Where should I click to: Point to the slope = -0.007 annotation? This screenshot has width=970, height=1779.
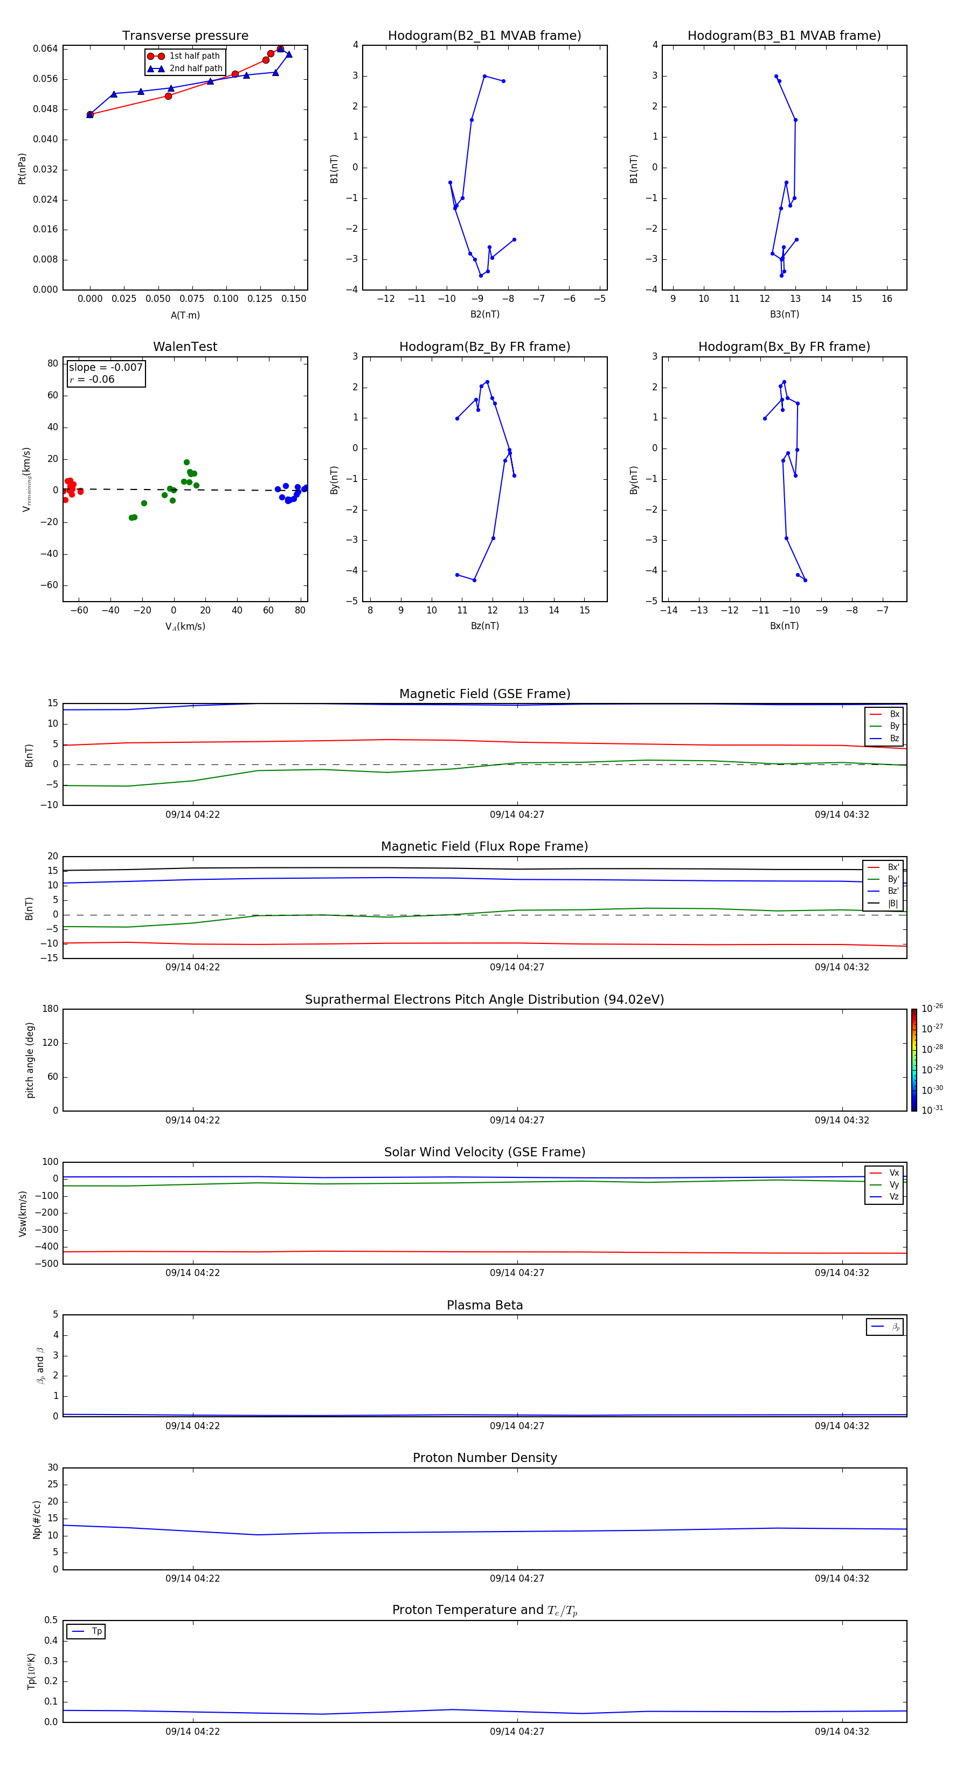point(106,368)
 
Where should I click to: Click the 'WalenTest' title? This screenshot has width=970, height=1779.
point(185,347)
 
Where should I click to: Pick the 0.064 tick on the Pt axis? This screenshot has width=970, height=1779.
point(46,49)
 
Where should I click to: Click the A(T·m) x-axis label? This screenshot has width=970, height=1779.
point(185,315)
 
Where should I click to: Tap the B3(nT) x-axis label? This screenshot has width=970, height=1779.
point(784,314)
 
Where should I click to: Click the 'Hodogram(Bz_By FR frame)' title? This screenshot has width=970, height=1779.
point(484,347)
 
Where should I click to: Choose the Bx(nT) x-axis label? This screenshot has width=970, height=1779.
point(784,626)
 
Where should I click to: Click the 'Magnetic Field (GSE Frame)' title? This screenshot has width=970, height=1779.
point(484,694)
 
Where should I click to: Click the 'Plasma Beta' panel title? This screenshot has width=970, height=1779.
point(484,1305)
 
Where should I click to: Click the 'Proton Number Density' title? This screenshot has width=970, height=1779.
point(484,1458)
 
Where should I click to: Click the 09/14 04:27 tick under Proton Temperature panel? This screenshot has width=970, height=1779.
point(517,1732)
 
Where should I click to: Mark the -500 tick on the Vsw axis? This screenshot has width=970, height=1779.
point(48,1264)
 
